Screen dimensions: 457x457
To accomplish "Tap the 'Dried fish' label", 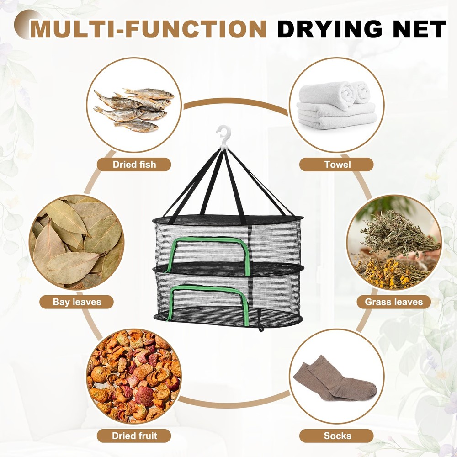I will (x=134, y=165).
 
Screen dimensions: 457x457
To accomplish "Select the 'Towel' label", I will (x=336, y=165).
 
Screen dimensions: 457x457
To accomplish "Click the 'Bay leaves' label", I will (x=76, y=302).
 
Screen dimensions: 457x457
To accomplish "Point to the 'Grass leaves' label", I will (x=394, y=302).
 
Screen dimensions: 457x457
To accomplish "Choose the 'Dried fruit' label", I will (x=134, y=436).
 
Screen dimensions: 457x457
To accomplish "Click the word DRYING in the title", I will (x=328, y=29).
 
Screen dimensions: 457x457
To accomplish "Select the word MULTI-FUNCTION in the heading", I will (x=148, y=29).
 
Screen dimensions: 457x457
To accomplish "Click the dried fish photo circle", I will (x=134, y=105).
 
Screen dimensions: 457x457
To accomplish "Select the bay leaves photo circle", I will (x=77, y=243).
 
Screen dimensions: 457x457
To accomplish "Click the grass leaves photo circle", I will (x=394, y=243).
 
